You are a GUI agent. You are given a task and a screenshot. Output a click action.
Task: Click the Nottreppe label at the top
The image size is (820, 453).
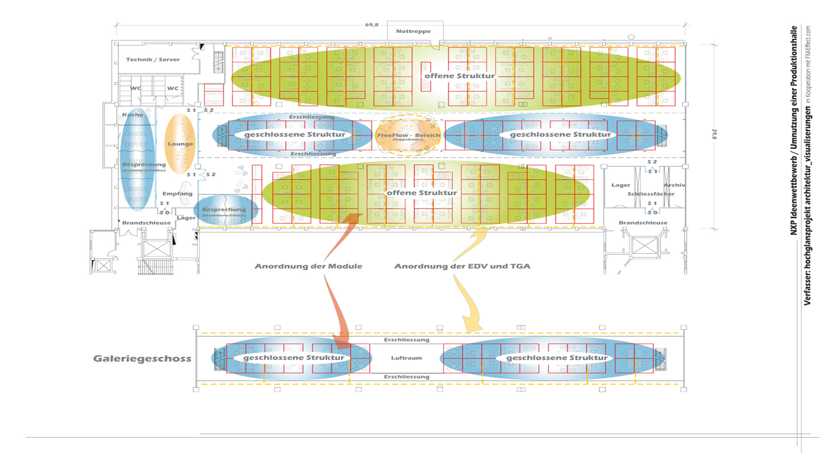(413, 31)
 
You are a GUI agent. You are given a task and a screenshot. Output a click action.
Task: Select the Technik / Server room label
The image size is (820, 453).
(153, 59)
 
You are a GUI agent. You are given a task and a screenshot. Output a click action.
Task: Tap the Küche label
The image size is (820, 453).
(132, 115)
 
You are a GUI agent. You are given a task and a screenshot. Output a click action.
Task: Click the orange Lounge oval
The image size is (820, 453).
(180, 144)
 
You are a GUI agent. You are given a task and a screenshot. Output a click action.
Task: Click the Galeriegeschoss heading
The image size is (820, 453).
(142, 359)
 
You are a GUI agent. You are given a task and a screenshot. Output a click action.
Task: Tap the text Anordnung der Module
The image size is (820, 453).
(308, 267)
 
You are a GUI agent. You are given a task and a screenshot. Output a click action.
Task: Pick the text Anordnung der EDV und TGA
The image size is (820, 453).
(462, 267)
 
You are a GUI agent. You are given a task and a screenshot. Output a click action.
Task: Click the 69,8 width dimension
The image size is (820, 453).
(372, 25)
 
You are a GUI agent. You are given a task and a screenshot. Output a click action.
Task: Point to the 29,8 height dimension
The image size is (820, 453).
(714, 134)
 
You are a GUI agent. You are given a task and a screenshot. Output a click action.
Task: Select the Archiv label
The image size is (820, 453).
(674, 185)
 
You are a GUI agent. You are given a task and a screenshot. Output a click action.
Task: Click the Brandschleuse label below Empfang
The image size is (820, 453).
(145, 223)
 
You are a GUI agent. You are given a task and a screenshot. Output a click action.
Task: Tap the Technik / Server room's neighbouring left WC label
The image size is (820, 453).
(136, 88)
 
